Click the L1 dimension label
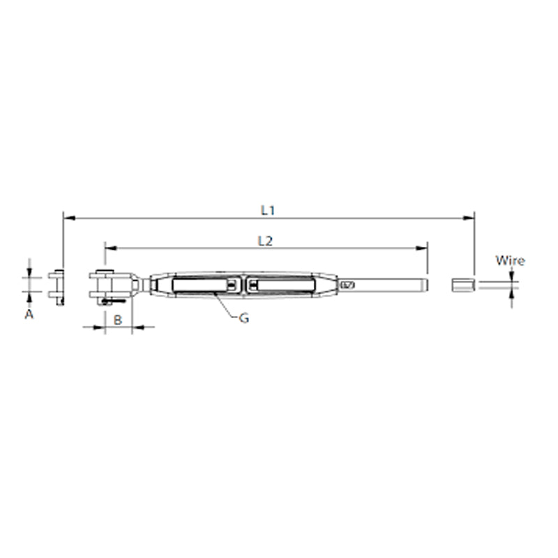(x=268, y=209)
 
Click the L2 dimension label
(x=264, y=241)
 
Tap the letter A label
(x=29, y=315)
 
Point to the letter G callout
(x=244, y=317)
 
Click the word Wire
(x=510, y=261)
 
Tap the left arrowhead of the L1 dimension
(x=67, y=218)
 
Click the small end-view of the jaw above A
(x=57, y=285)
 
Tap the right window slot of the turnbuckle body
(x=280, y=285)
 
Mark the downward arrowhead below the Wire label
(x=513, y=276)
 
